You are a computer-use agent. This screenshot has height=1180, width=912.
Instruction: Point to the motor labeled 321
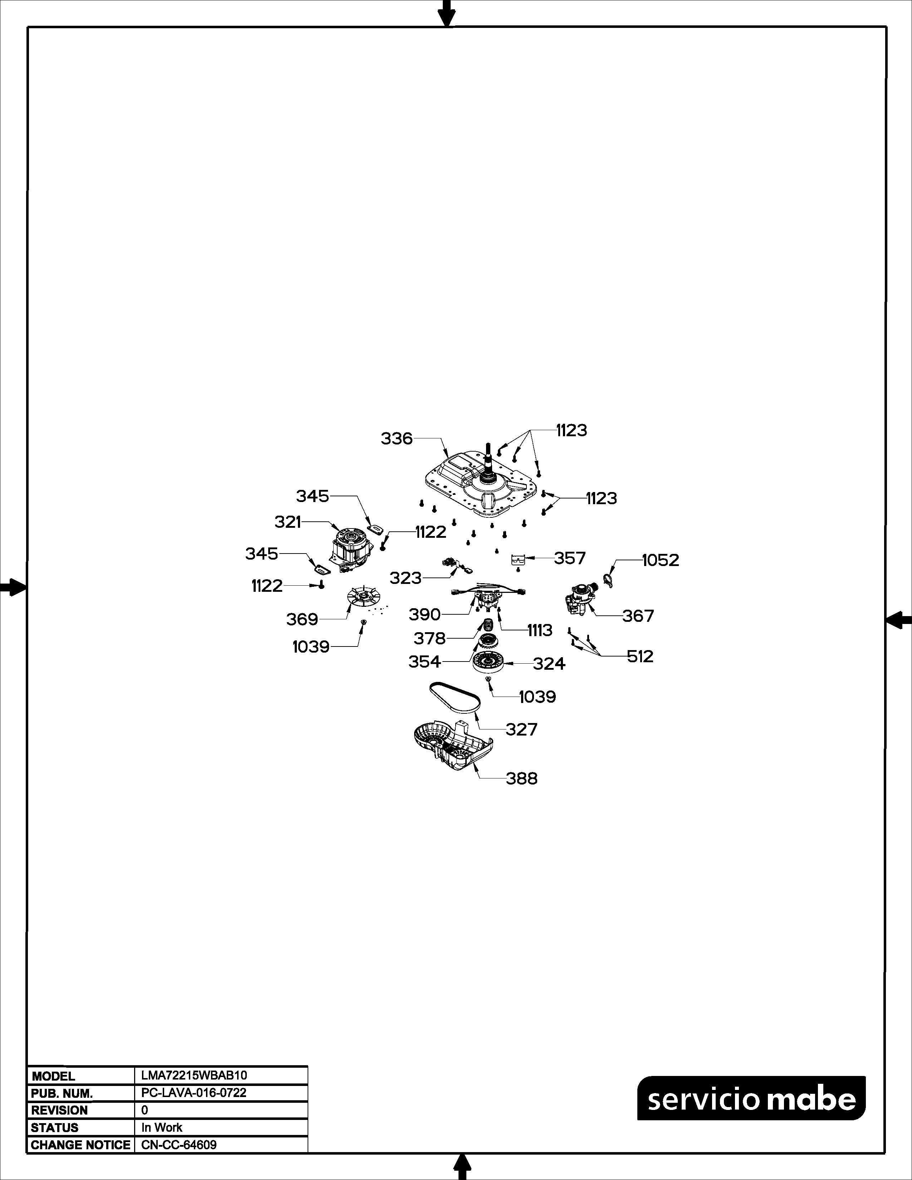(x=352, y=550)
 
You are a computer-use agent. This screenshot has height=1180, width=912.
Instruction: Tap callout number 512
(x=640, y=657)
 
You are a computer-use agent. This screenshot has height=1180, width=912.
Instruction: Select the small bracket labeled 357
(x=518, y=559)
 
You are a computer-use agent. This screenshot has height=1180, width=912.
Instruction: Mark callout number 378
(x=430, y=639)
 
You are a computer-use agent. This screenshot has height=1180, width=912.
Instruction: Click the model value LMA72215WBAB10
(x=194, y=1075)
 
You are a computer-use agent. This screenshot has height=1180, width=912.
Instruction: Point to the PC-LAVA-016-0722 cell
(x=194, y=1092)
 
